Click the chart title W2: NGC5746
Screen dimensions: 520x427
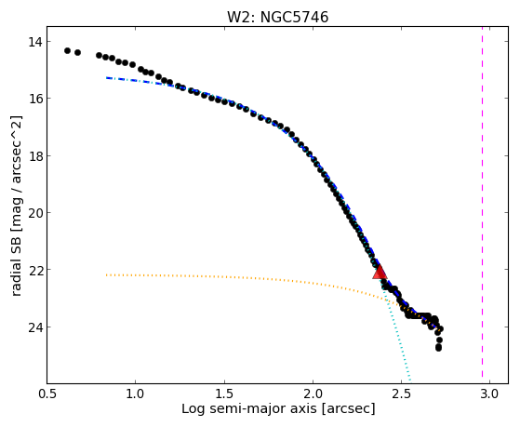click(x=277, y=18)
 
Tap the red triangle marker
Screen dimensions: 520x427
click(x=380, y=273)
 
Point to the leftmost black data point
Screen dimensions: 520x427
click(x=67, y=51)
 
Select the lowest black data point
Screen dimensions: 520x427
click(x=438, y=348)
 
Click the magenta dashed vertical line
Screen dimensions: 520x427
click(x=482, y=205)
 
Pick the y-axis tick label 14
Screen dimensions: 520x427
click(x=34, y=42)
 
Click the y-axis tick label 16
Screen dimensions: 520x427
click(x=34, y=99)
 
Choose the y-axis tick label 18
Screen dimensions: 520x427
click(x=34, y=155)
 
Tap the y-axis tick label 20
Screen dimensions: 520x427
click(x=34, y=213)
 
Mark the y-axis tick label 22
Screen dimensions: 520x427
click(x=34, y=270)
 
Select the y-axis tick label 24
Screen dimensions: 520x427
click(x=34, y=327)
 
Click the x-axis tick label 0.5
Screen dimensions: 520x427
click(x=47, y=394)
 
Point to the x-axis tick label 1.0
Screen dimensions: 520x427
click(x=135, y=394)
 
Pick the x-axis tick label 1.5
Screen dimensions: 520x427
click(x=224, y=394)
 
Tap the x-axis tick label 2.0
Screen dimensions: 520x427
click(x=313, y=394)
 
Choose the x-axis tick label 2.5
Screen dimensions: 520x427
click(x=402, y=394)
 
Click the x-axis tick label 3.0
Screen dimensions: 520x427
click(x=490, y=394)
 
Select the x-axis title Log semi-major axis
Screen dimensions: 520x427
click(x=249, y=408)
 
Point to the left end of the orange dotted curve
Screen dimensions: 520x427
click(x=106, y=275)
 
